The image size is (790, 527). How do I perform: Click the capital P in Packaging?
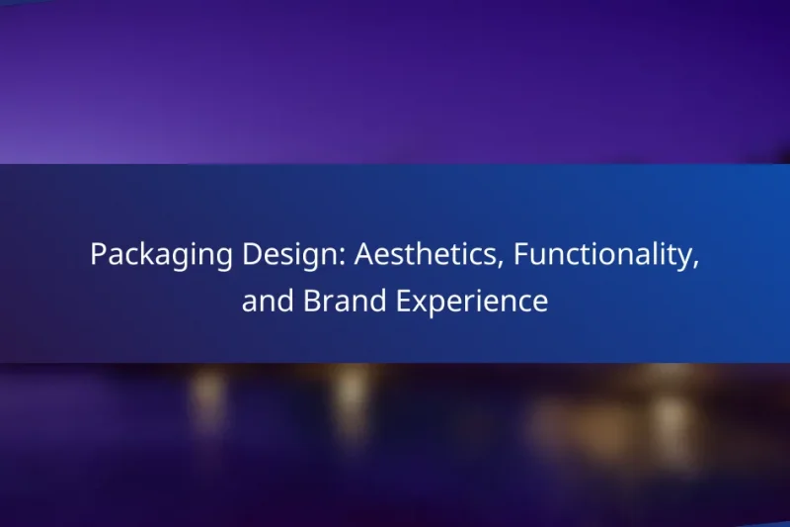tap(98, 255)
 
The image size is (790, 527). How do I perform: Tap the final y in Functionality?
tap(687, 260)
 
